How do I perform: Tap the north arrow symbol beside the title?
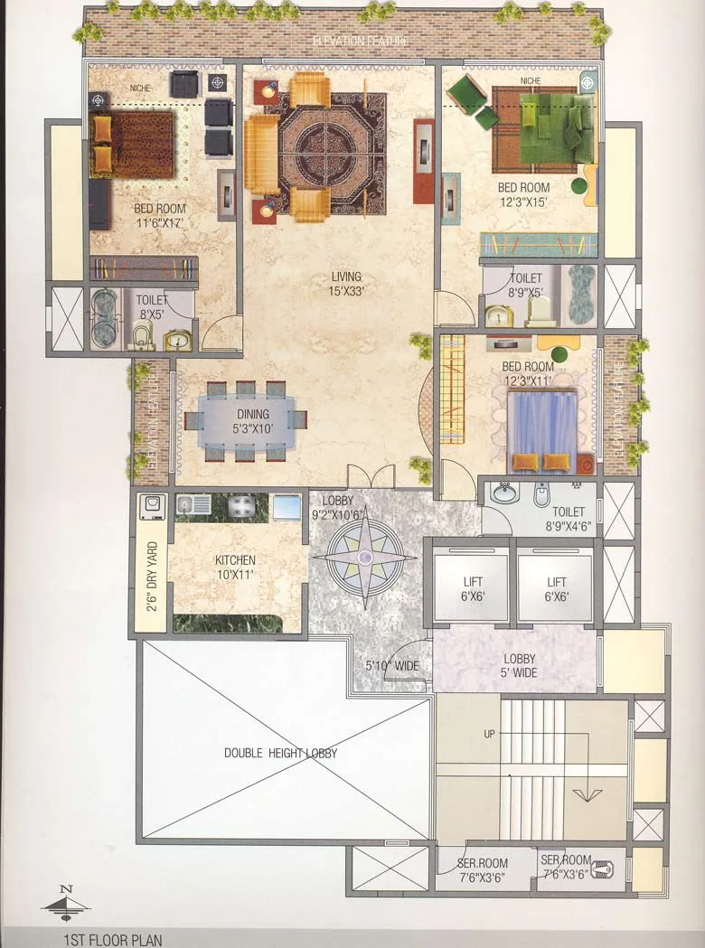click(x=66, y=902)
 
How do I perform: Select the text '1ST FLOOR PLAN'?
click(x=112, y=939)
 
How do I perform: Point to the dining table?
click(x=247, y=421)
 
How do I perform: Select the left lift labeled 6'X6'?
click(x=469, y=588)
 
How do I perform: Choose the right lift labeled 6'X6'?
click(x=556, y=588)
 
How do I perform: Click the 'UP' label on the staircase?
click(x=489, y=734)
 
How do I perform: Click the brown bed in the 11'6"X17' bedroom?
click(x=132, y=144)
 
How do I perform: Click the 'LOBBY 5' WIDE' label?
click(x=519, y=665)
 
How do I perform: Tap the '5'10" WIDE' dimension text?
click(x=392, y=666)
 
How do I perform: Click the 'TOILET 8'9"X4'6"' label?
click(x=565, y=517)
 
